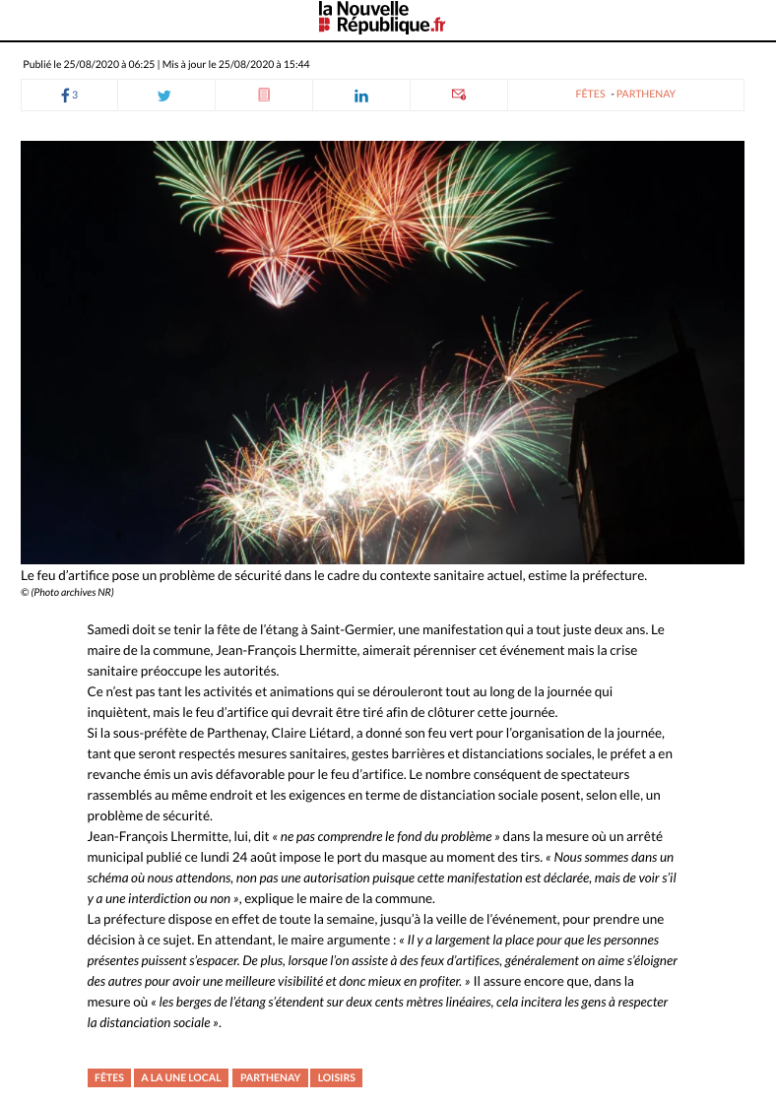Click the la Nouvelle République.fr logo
click(x=381, y=18)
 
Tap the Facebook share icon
click(x=66, y=96)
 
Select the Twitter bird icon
click(x=164, y=96)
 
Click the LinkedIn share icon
click(x=360, y=96)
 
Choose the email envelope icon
click(x=458, y=95)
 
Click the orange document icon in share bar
click(x=264, y=96)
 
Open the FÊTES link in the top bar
click(x=590, y=95)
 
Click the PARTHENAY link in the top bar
click(x=646, y=95)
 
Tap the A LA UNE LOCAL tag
click(x=181, y=1077)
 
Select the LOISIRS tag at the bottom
click(x=337, y=1077)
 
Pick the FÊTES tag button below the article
click(x=109, y=1077)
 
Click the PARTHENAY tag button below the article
click(x=270, y=1077)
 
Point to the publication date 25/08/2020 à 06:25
click(x=109, y=64)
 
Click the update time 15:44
click(x=296, y=64)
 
